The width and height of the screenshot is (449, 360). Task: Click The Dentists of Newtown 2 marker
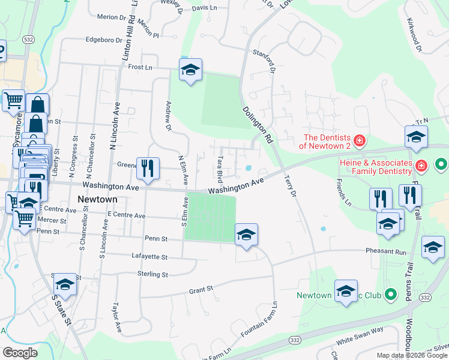tap(359, 142)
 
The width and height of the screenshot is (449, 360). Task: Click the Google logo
tap(20, 353)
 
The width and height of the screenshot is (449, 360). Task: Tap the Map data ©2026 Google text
tap(412, 355)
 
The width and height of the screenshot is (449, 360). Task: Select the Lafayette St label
tap(149, 256)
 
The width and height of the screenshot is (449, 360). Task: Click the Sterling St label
tap(153, 274)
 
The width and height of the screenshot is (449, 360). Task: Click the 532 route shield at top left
tap(28, 39)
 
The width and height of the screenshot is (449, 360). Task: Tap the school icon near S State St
tap(65, 284)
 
